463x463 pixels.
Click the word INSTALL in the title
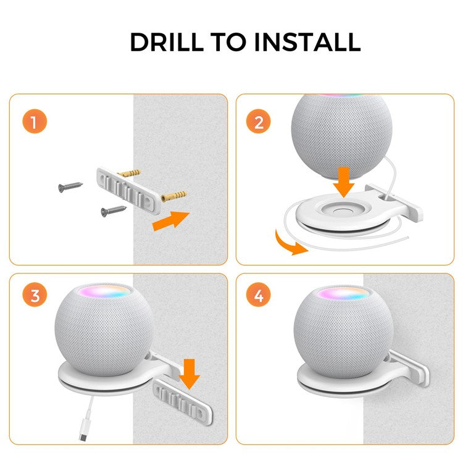309,42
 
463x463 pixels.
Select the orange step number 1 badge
35,122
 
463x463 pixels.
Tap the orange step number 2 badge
259,122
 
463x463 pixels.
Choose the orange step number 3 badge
35,296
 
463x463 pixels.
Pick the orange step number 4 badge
259,296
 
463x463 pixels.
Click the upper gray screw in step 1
72,186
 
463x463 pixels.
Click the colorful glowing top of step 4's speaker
344,291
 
